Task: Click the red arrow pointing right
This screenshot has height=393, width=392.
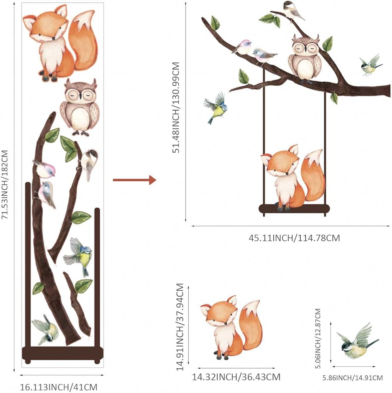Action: tap(134, 180)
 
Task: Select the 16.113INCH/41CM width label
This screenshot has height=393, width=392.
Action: tap(58, 387)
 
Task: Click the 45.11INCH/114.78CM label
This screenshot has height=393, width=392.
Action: tap(294, 237)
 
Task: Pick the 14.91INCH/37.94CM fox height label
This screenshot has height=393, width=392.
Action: tap(180, 327)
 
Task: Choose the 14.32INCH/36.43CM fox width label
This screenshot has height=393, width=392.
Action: tap(236, 377)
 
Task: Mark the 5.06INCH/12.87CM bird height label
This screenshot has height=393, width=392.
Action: tap(319, 339)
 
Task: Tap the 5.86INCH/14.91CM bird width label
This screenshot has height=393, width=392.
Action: tap(352, 378)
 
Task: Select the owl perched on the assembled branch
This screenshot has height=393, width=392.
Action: tap(304, 58)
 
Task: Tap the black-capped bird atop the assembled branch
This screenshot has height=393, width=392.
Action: tap(293, 11)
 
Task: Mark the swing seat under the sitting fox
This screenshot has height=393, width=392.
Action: tap(293, 209)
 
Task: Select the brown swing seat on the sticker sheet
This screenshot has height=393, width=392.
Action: tap(62, 353)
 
